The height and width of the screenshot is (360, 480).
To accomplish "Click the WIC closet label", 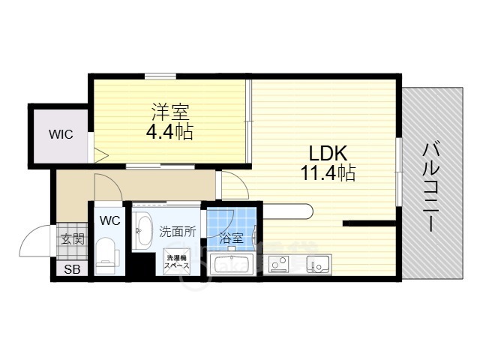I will (x=61, y=135).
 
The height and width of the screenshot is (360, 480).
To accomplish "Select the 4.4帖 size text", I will (x=170, y=132).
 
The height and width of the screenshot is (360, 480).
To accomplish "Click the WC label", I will (x=109, y=220).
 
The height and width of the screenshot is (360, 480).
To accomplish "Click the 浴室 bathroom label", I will (x=231, y=238).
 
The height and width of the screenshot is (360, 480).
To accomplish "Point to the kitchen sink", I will (x=317, y=264).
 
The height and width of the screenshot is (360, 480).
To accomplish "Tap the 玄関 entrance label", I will (x=73, y=240).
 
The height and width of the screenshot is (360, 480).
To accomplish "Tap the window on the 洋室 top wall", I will (x=160, y=74).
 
